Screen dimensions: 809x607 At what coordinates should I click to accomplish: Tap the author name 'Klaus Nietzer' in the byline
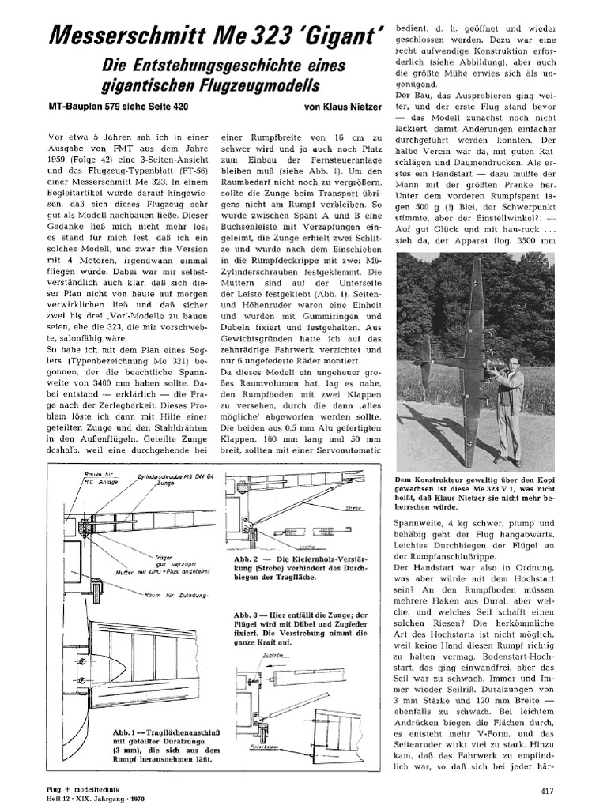(349, 106)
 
